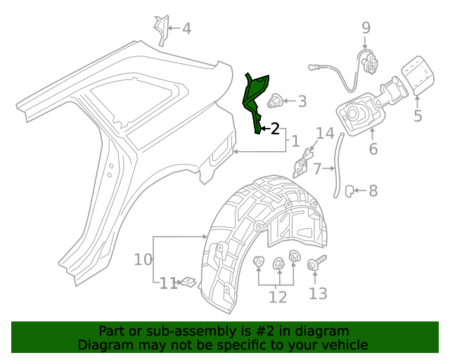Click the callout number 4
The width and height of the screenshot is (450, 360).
pos(186,29)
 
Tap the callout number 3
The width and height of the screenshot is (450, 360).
pos(302,101)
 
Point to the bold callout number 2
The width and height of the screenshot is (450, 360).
pos(275,128)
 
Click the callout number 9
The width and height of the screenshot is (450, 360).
pos(366,28)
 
